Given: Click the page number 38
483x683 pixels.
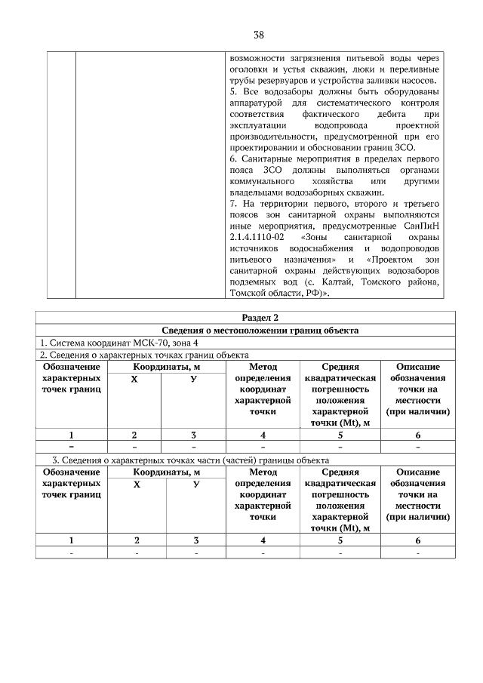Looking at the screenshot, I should click(258, 35).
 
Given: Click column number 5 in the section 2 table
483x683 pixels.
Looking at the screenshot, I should click(340, 435).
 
